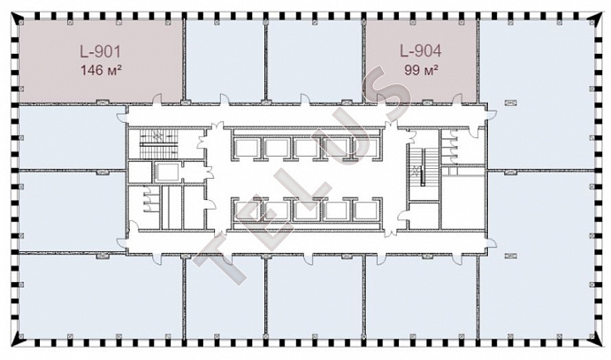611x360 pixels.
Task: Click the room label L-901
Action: (x=101, y=52)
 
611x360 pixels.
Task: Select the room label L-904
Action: (x=421, y=50)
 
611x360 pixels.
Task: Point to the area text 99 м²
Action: (x=421, y=70)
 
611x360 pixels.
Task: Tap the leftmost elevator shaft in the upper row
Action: (x=247, y=148)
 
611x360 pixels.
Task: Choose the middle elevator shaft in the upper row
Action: (x=306, y=148)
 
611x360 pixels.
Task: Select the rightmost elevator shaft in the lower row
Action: (x=366, y=211)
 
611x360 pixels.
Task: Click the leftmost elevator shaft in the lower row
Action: (x=247, y=211)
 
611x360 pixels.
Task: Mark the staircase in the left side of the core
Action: (x=158, y=143)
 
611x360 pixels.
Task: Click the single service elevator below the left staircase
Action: (x=166, y=172)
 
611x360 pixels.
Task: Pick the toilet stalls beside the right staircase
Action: (x=451, y=147)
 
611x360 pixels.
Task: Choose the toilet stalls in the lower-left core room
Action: (x=149, y=200)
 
